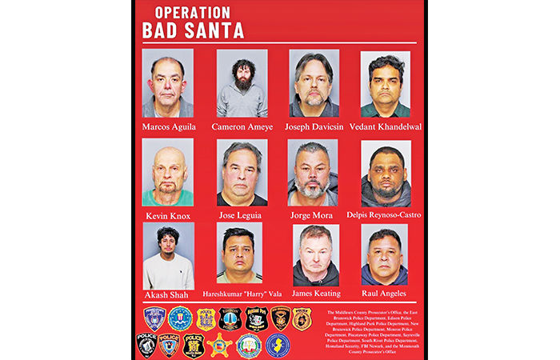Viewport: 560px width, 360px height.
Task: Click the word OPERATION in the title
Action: coord(191,14)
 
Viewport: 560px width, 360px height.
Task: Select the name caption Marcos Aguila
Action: coord(167,126)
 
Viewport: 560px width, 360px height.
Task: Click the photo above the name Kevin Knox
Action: coord(167,172)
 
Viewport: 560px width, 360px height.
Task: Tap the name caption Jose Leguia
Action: coord(242,214)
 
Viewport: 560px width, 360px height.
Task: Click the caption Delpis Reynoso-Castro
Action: coord(385,214)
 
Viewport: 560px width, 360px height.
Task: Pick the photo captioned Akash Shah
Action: coord(167,256)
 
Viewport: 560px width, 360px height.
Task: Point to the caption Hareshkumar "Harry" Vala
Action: coord(242,295)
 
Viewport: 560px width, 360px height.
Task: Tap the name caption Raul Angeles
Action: coord(385,295)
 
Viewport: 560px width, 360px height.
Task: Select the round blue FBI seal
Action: coord(180,318)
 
